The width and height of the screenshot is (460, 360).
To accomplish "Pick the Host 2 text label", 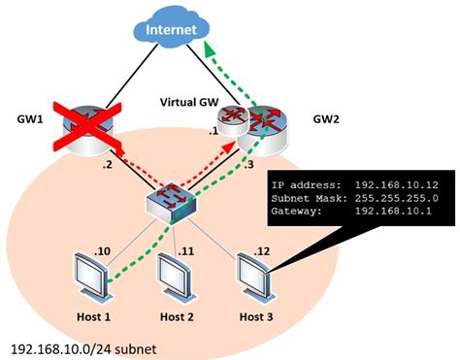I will (175, 315).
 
